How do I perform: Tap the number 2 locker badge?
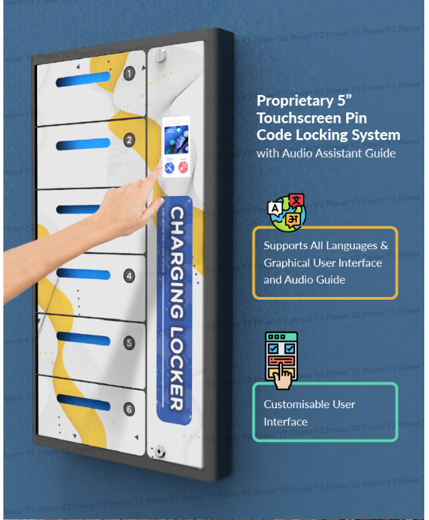pos(129,140)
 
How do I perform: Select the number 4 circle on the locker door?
pos(129,275)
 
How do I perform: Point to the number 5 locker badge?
pos(129,343)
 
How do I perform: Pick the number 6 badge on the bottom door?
pos(129,409)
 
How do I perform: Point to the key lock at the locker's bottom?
pos(159,450)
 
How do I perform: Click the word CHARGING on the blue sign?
pos(174,265)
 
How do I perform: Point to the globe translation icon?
pos(286,212)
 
